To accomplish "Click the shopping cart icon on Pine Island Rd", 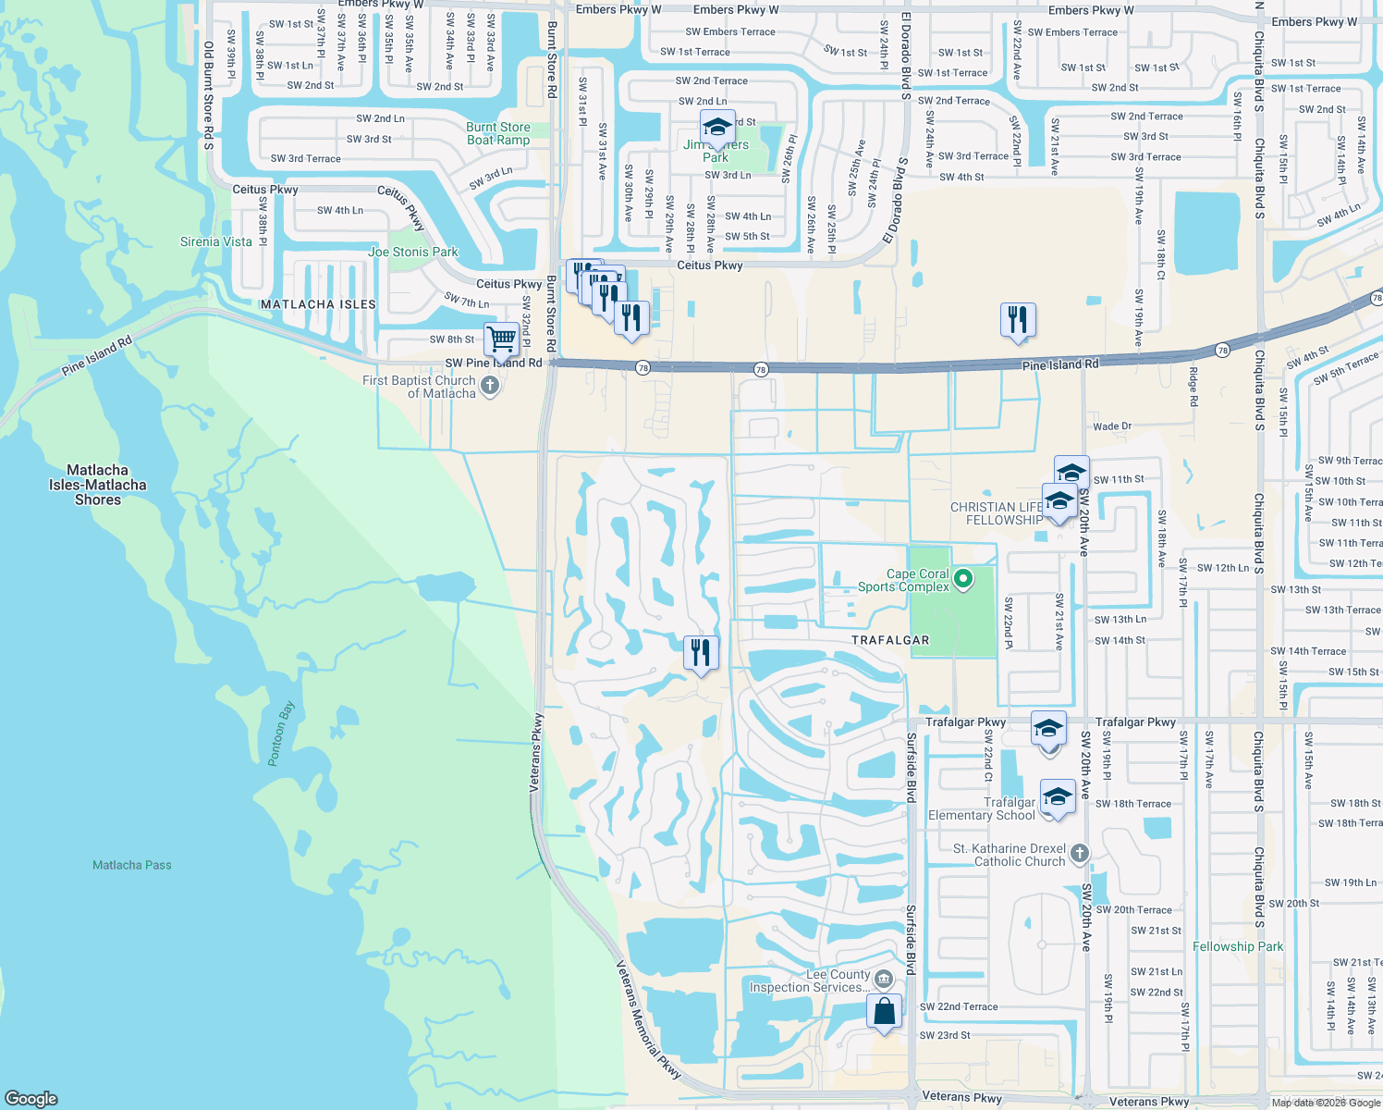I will pyautogui.click(x=502, y=339).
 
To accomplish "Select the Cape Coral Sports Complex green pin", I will pyautogui.click(x=963, y=580).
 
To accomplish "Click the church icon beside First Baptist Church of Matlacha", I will pyautogui.click(x=490, y=385).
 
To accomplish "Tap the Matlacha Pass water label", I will pyautogui.click(x=132, y=865).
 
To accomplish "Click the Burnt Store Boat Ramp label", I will pyautogui.click(x=498, y=134).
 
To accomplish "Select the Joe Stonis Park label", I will pyautogui.click(x=413, y=252).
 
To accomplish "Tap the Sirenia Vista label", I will pyautogui.click(x=216, y=241).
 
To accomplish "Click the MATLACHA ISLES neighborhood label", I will pyautogui.click(x=318, y=304).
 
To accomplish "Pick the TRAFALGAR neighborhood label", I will pyautogui.click(x=890, y=640).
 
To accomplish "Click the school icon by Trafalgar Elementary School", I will pyautogui.click(x=1058, y=797).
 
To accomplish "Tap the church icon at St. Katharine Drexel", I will pyautogui.click(x=1080, y=855).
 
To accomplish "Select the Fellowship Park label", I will pyautogui.click(x=1238, y=946).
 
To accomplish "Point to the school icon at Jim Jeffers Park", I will pyautogui.click(x=716, y=128).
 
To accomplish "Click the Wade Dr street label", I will pyautogui.click(x=1112, y=426).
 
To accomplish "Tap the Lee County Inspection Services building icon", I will pyautogui.click(x=884, y=980).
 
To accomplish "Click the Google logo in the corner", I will pyautogui.click(x=31, y=1098).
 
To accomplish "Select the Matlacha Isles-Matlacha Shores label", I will pyautogui.click(x=98, y=485).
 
